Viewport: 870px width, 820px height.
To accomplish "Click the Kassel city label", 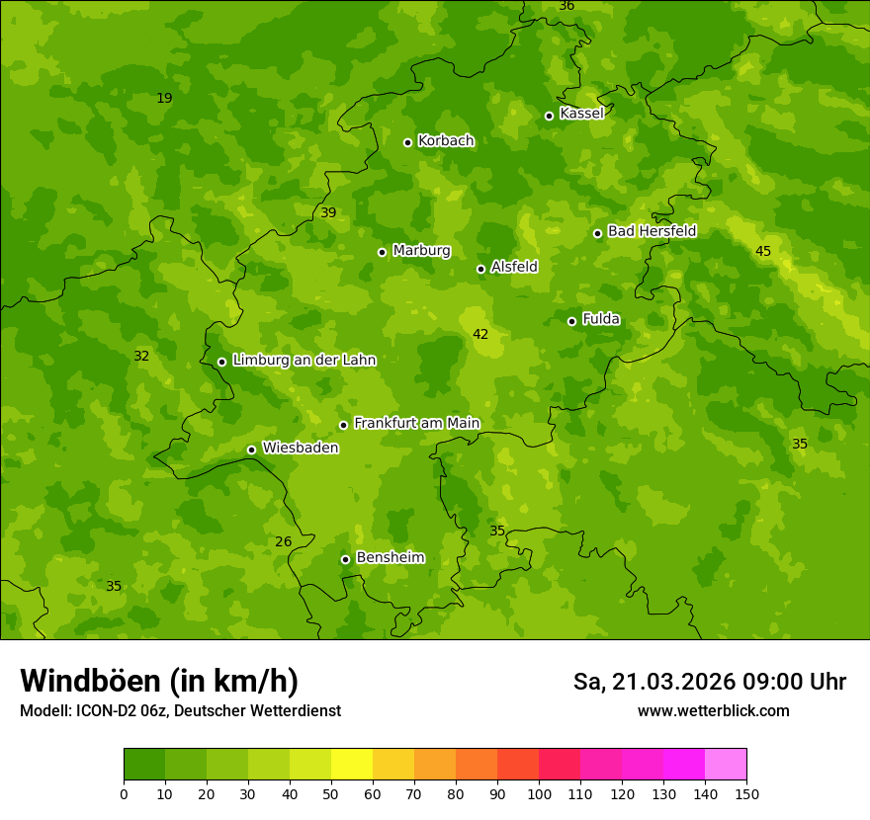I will click(x=581, y=114).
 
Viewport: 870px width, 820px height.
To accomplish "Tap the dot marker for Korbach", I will click(x=407, y=142).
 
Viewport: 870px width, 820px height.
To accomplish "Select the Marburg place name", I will click(x=421, y=251).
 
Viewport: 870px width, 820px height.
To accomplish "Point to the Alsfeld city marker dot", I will click(x=480, y=269).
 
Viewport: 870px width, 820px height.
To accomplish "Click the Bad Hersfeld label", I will click(x=652, y=231).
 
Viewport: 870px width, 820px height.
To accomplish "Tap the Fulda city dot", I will click(x=571, y=321).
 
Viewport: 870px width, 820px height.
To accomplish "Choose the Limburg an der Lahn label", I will click(x=304, y=361).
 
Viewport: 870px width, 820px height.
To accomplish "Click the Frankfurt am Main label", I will click(x=416, y=423).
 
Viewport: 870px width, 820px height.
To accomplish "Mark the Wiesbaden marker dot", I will click(x=251, y=450).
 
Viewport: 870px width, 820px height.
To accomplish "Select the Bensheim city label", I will click(x=390, y=557).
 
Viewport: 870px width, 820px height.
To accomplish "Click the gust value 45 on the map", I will click(x=763, y=252).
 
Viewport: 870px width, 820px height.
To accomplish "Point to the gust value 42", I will click(x=480, y=335).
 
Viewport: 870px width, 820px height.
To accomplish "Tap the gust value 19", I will click(x=164, y=98).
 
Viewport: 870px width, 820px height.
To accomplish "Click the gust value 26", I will click(x=284, y=541).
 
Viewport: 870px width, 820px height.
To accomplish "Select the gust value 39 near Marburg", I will click(x=328, y=212).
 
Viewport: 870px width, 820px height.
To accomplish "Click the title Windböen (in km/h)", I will click(x=159, y=681).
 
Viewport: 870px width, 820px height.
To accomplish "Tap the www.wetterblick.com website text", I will click(x=713, y=710).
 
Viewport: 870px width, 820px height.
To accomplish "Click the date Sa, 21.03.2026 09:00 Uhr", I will click(x=709, y=682).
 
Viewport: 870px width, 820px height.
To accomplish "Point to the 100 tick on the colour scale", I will click(x=539, y=793).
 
